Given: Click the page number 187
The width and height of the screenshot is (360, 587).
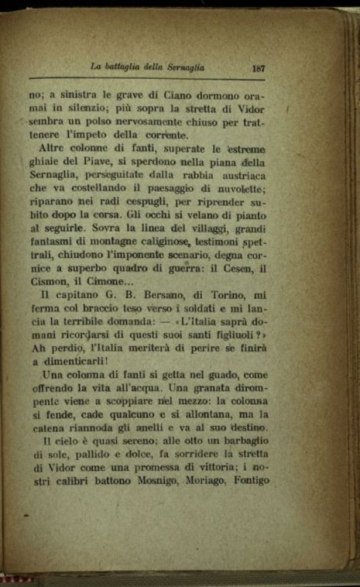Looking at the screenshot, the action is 259,68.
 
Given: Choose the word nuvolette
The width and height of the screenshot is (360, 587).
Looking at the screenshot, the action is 241,189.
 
